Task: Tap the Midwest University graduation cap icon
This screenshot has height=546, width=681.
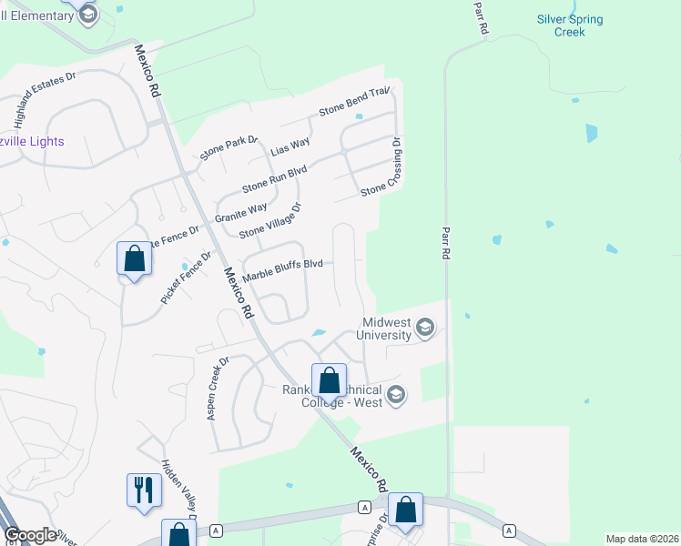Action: pyautogui.click(x=424, y=327)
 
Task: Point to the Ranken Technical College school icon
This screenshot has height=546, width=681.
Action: pyautogui.click(x=395, y=394)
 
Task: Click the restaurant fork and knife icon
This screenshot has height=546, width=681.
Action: pyautogui.click(x=144, y=490)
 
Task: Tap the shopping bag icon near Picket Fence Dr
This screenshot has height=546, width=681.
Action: pyautogui.click(x=134, y=258)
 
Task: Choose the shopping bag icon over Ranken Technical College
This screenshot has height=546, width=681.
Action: pyautogui.click(x=329, y=379)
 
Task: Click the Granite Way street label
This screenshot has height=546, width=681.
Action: pyautogui.click(x=241, y=213)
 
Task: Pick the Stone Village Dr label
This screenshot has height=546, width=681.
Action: pyautogui.click(x=269, y=221)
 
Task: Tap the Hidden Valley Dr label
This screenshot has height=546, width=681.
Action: pyautogui.click(x=178, y=490)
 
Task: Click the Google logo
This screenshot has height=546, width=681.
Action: pyautogui.click(x=30, y=535)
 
